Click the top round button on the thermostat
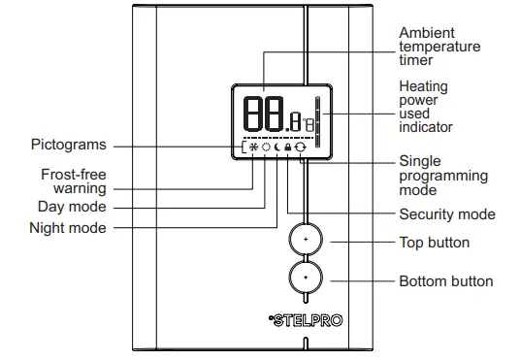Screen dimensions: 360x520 tap(305, 239)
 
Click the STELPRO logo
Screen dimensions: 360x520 tap(302, 317)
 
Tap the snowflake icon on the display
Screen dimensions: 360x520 tap(253, 148)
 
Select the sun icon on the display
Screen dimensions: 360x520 tap(265, 148)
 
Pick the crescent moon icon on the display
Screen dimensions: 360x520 tap(276, 148)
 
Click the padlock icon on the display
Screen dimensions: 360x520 tap(288, 148)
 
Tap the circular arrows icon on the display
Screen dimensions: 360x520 tap(300, 148)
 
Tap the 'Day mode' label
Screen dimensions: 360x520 tap(72, 207)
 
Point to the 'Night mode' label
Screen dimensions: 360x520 tap(68, 228)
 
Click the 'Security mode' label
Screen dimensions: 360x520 tap(447, 214)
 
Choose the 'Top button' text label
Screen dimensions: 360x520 tap(434, 242)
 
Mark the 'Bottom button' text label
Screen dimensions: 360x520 tap(446, 281)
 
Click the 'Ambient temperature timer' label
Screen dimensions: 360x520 tap(439, 47)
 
